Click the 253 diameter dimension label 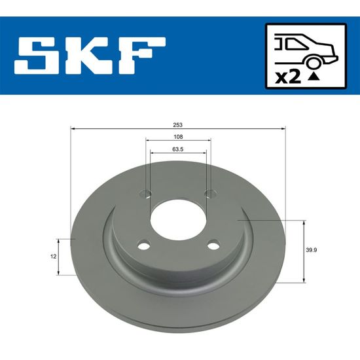pyautogui.click(x=178, y=125)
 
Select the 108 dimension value pyautogui.click(x=178, y=137)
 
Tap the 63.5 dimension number pyautogui.click(x=178, y=149)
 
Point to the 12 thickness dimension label pyautogui.click(x=53, y=257)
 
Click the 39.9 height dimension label pyautogui.click(x=312, y=250)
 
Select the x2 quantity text pyautogui.click(x=288, y=77)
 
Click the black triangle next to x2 pyautogui.click(x=314, y=77)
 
